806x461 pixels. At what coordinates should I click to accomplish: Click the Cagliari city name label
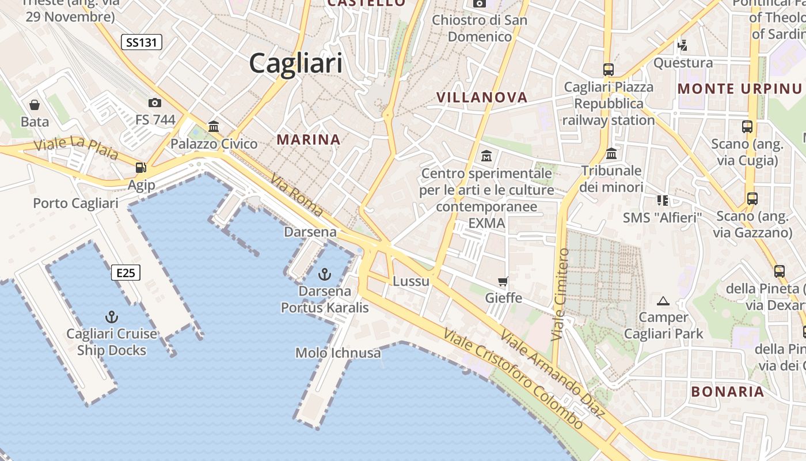coord(295,63)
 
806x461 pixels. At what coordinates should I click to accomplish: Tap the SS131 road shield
coord(142,42)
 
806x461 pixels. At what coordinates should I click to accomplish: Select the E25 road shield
coord(126,273)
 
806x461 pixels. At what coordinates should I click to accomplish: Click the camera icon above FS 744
coord(154,103)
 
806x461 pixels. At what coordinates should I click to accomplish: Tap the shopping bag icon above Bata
coord(35,105)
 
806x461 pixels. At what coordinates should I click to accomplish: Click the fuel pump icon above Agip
coord(140,168)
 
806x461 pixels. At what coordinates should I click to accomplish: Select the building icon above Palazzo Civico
coord(214,126)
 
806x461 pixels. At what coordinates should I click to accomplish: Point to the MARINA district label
coord(309,139)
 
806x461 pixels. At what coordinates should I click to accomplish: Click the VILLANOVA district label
coord(482,97)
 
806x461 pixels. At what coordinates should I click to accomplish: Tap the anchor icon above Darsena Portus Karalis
coord(325,274)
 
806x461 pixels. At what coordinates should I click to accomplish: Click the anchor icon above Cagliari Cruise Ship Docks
coord(112,316)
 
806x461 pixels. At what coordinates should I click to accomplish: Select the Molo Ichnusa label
coord(338,353)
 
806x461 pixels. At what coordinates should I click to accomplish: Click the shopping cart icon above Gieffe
coord(503,281)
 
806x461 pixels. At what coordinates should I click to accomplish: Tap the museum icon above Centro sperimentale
coord(486,156)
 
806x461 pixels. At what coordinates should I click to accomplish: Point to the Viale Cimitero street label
coord(560,294)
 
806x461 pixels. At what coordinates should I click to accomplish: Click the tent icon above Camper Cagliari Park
coord(663,300)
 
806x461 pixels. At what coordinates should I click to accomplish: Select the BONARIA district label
coord(728,392)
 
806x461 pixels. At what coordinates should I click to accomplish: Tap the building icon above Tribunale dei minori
coord(611,153)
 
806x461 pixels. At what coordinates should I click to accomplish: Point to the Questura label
coord(683,63)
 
